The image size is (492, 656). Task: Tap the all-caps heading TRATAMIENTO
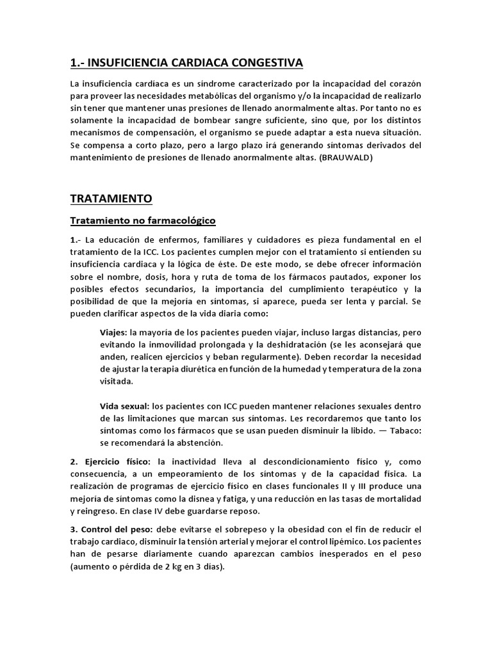point(111,199)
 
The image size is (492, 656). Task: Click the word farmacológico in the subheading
point(179,220)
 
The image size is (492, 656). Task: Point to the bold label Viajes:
point(113,332)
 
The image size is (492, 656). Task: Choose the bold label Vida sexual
point(124,406)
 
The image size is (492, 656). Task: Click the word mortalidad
point(398,498)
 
